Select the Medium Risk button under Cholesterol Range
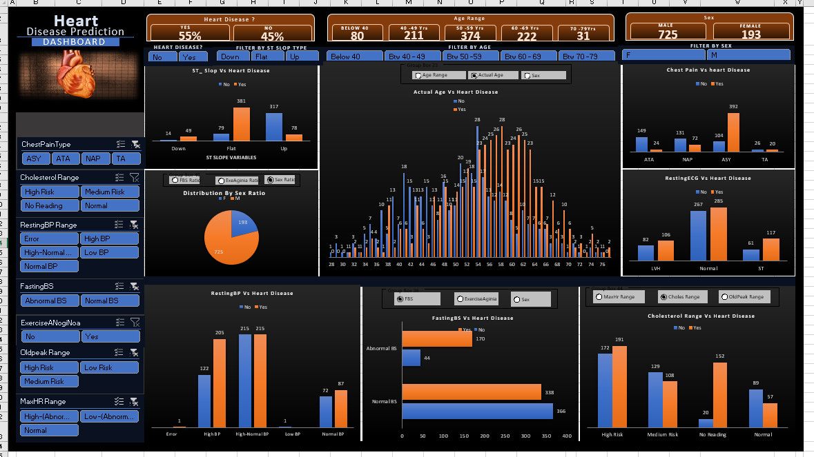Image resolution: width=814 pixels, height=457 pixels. pos(110,192)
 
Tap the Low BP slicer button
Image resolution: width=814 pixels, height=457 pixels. pos(110,252)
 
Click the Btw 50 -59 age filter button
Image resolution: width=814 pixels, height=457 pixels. pos(472,57)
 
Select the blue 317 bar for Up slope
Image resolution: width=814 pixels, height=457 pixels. pos(274,127)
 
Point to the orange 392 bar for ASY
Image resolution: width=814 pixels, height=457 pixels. pos(733,132)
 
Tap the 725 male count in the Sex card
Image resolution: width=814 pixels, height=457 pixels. pos(668,34)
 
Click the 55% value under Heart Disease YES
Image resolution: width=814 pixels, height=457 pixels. pos(190,36)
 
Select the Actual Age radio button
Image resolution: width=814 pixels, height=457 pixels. pos(474,75)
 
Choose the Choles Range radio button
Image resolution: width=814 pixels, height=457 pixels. pos(663,297)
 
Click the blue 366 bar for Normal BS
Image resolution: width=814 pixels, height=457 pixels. pos(477,411)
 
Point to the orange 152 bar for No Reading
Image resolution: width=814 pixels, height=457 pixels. pos(719,395)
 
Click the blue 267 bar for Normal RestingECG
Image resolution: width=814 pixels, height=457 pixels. pos(699,235)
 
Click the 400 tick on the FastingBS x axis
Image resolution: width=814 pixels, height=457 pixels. pos(566,436)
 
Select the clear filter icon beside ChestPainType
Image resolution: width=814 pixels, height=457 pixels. pos(135,144)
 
